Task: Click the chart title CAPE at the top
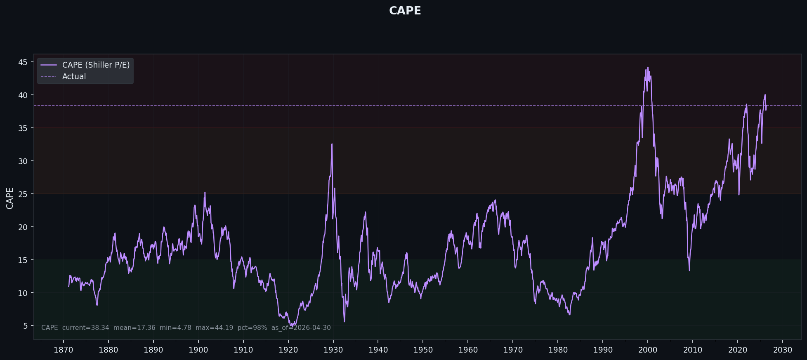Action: pos(405,11)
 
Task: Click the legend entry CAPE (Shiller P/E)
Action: pos(96,65)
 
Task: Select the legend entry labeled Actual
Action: pos(74,77)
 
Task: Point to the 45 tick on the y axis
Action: pos(23,62)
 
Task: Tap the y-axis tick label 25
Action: pos(23,194)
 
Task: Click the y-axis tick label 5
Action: pos(26,326)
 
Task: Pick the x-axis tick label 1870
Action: pos(64,350)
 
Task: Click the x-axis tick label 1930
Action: pos(333,350)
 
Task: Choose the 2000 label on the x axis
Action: pos(648,350)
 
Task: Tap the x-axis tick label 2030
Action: pos(783,350)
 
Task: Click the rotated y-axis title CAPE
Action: pos(10,198)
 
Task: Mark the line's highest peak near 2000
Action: pos(648,67)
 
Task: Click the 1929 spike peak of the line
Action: pos(332,144)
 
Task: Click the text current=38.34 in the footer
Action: pos(85,328)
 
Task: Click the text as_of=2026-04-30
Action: pos(301,328)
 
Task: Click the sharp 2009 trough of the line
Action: pos(689,270)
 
